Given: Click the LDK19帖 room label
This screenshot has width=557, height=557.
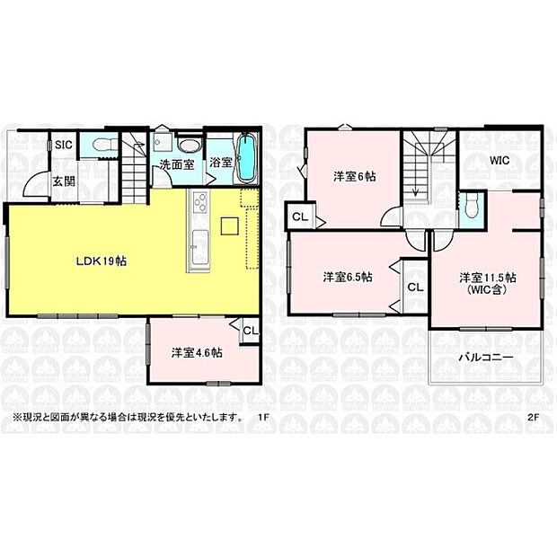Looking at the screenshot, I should (100, 261).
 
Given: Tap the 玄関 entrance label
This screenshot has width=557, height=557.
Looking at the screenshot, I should (63, 181).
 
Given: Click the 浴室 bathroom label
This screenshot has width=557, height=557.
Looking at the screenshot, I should (221, 164).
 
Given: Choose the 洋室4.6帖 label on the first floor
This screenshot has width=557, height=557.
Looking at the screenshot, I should (198, 351).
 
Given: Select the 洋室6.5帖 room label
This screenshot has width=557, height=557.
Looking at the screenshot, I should (348, 277).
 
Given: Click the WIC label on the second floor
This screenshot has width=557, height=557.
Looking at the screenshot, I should (500, 162).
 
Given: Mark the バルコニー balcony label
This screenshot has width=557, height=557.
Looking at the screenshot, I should (486, 357).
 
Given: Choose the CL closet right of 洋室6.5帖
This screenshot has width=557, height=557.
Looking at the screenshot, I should (414, 287).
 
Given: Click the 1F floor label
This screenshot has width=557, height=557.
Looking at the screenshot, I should (263, 417).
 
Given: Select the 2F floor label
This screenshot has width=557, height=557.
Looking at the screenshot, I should (533, 417).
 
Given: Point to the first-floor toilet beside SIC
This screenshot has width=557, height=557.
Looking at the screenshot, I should (98, 145).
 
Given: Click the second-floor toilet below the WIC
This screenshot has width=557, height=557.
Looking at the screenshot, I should (471, 206).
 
